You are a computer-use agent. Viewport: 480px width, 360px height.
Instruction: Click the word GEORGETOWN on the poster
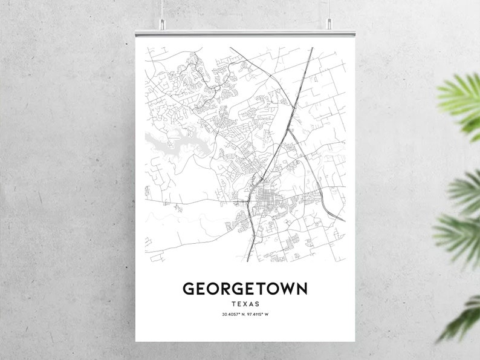[x=245, y=289]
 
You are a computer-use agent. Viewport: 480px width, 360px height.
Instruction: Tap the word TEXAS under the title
[x=245, y=304]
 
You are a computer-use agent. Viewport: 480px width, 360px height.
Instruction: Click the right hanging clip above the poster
[x=329, y=24]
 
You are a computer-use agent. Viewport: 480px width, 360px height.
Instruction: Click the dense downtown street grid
[x=264, y=200]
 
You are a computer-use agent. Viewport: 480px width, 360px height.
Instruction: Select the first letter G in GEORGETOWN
[x=189, y=289]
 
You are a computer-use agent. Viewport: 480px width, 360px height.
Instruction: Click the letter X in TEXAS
[x=245, y=304]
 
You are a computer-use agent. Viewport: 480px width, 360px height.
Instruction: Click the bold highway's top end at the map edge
[x=312, y=48]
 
